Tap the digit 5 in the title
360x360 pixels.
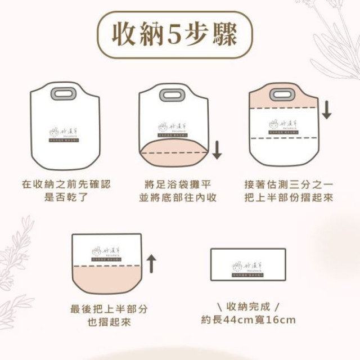tap(173, 35)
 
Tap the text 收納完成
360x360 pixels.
tap(247, 307)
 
